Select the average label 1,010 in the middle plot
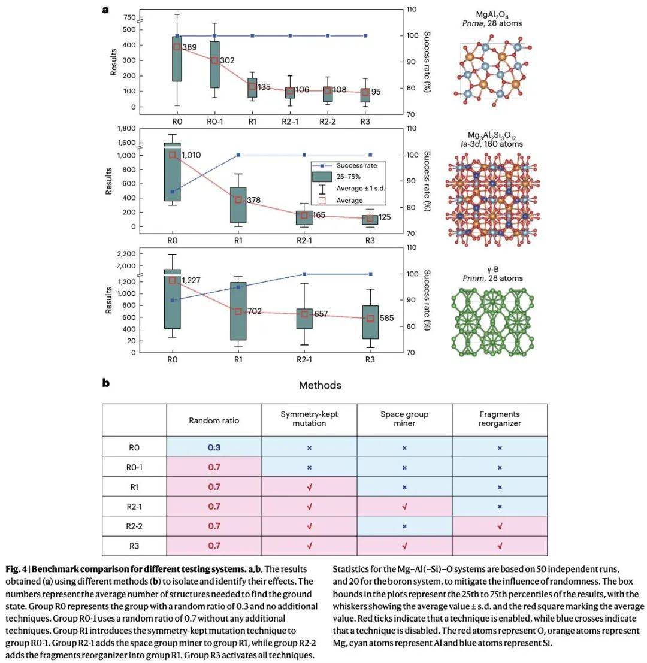tap(191, 155)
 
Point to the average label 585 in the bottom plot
tap(386, 319)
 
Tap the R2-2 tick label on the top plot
tap(328, 120)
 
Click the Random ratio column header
tap(214, 420)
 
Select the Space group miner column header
tap(404, 419)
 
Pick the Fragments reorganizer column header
tap(500, 419)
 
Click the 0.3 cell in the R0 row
tap(214, 447)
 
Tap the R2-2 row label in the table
tap(134, 526)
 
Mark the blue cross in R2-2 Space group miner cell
tap(404, 526)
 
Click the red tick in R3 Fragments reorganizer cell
tap(500, 546)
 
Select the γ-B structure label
tap(492, 270)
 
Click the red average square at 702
tap(238, 311)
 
